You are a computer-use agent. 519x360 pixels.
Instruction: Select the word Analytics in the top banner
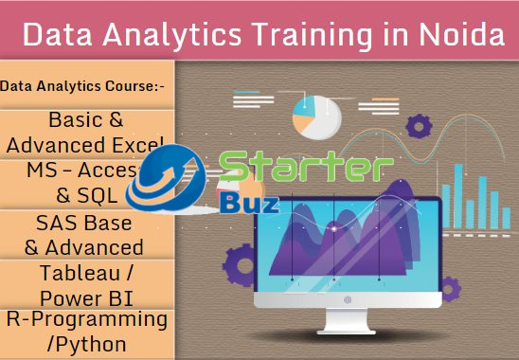(x=160, y=35)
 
